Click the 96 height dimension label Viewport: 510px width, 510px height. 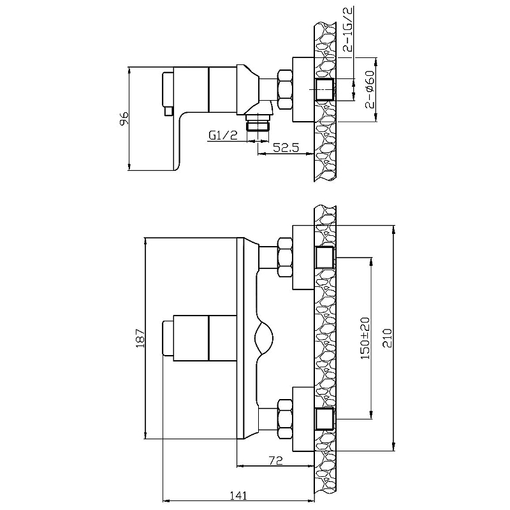pyautogui.click(x=124, y=119)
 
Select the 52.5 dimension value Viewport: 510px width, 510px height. pyautogui.click(x=286, y=147)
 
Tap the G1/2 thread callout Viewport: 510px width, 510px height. pyautogui.click(x=223, y=135)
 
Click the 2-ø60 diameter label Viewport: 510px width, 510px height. pyautogui.click(x=370, y=89)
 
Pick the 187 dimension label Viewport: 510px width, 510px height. pyautogui.click(x=140, y=338)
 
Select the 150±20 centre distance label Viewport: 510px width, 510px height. pyautogui.click(x=365, y=339)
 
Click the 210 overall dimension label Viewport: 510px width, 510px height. pyautogui.click(x=388, y=339)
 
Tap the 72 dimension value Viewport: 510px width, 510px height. pyautogui.click(x=276, y=460)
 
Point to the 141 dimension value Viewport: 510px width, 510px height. pyautogui.click(x=238, y=495)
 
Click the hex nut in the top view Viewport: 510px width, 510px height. pyautogui.click(x=285, y=89)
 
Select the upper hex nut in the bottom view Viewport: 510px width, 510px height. pyautogui.click(x=285, y=258)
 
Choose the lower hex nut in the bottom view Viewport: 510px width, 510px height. pyautogui.click(x=285, y=419)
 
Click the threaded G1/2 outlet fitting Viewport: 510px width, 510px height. pyautogui.click(x=258, y=122)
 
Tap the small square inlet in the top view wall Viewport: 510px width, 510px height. pyautogui.click(x=324, y=89)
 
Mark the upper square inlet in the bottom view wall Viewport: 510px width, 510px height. pyautogui.click(x=324, y=258)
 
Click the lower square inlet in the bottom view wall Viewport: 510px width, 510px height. pyautogui.click(x=324, y=419)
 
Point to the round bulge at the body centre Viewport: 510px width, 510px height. pyautogui.click(x=264, y=339)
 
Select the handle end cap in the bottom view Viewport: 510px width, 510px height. pyautogui.click(x=168, y=338)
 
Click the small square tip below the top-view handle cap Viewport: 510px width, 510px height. pyautogui.click(x=169, y=111)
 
